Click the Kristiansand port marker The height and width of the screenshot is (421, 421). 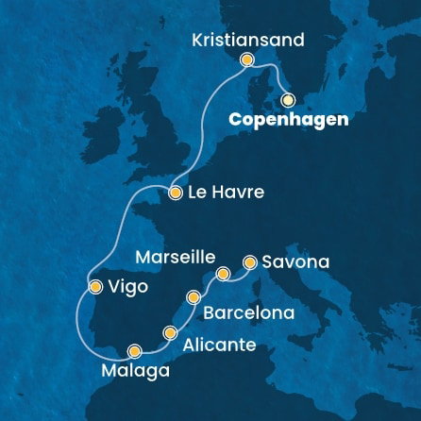[x=247, y=59]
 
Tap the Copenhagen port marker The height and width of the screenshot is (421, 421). [x=287, y=98]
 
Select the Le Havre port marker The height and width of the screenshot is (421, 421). [x=176, y=193]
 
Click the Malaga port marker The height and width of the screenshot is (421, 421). [x=135, y=348]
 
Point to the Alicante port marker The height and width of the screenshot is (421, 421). [x=170, y=332]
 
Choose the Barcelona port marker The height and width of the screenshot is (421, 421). [x=194, y=297]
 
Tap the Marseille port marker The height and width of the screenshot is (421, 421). [x=224, y=275]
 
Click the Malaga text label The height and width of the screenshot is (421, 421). [x=127, y=369]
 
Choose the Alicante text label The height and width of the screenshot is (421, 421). [x=222, y=345]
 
